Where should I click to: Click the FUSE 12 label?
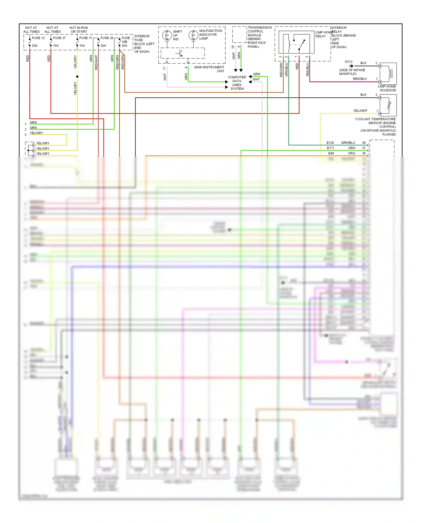click(x=38, y=38)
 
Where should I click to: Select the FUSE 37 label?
click(x=59, y=38)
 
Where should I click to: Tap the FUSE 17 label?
click(x=86, y=38)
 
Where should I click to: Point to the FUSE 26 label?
click(x=107, y=38)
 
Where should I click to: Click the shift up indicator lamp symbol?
click(x=167, y=35)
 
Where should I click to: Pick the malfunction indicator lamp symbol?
click(x=193, y=35)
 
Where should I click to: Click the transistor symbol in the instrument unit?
click(x=180, y=53)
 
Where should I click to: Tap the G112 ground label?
click(x=349, y=62)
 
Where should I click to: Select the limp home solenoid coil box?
click(x=388, y=74)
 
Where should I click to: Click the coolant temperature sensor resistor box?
click(x=388, y=105)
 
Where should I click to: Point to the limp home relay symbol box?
click(x=296, y=42)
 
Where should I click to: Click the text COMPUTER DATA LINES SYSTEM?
click(x=237, y=83)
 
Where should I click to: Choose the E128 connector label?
click(x=330, y=143)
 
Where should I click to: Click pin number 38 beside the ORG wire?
click(x=364, y=153)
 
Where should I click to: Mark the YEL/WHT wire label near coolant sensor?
click(x=360, y=111)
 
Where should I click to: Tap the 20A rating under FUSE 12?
click(x=35, y=45)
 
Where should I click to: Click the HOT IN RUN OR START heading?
click(x=79, y=30)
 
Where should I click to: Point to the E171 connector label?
click(x=331, y=148)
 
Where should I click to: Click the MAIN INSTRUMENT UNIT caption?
click(x=209, y=69)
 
